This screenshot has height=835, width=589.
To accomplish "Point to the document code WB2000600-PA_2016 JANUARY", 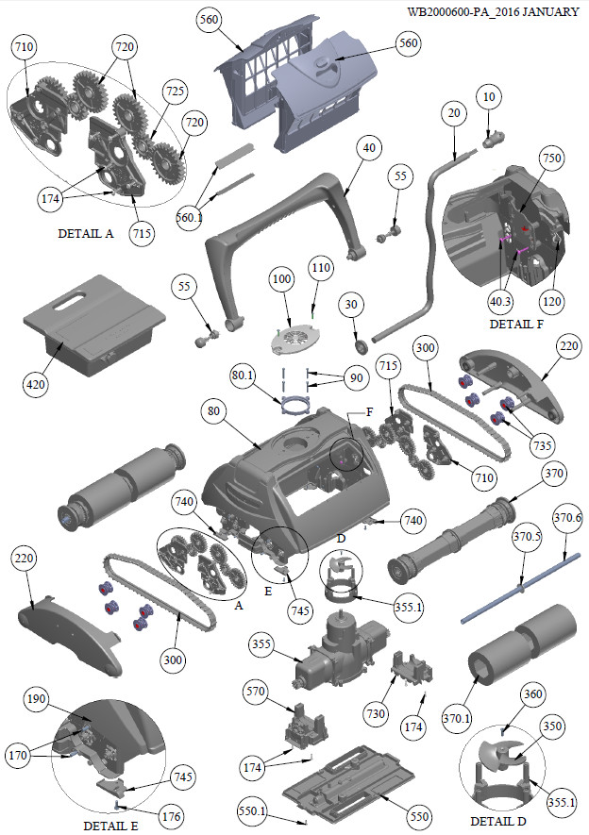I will [493, 11].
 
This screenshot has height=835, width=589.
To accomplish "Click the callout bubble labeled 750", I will [552, 159].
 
